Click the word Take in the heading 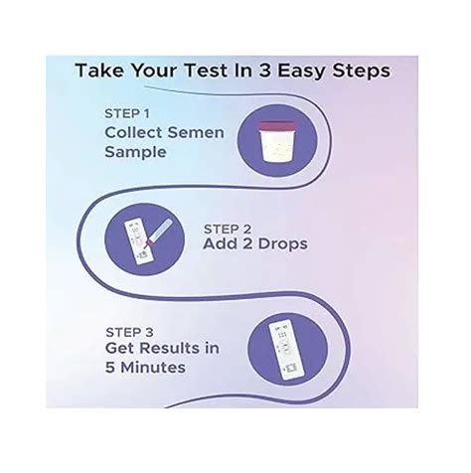[102, 72]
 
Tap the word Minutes [154, 368]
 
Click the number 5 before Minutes [111, 368]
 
